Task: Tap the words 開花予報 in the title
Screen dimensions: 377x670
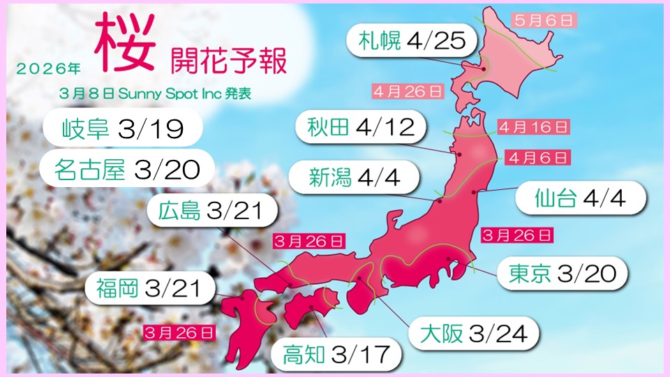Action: point(228,61)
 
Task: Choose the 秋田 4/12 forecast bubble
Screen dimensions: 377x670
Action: point(365,127)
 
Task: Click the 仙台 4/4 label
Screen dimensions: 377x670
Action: point(570,198)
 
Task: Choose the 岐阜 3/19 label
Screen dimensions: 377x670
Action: point(122,130)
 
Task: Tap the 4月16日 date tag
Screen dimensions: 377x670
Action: point(534,127)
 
